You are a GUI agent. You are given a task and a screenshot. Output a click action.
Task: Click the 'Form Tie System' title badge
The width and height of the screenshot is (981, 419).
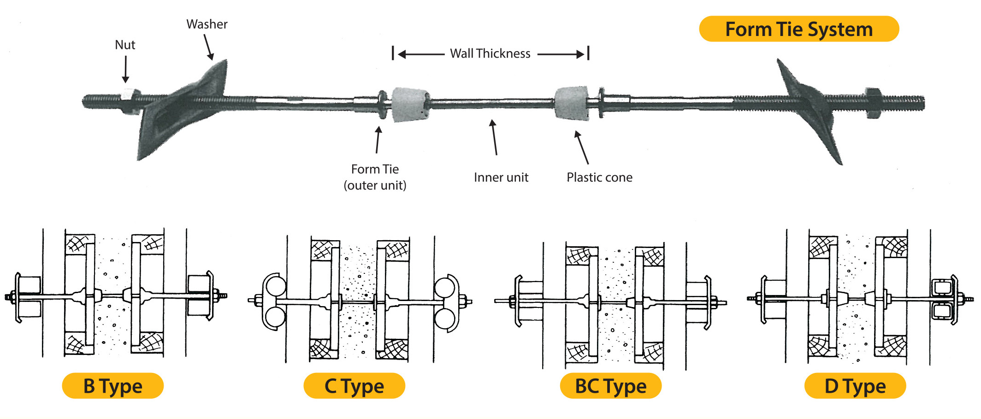[798, 29]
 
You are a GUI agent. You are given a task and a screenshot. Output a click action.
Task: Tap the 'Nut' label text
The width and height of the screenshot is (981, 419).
[125, 45]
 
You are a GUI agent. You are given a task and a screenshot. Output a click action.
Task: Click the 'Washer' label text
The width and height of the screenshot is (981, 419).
[207, 24]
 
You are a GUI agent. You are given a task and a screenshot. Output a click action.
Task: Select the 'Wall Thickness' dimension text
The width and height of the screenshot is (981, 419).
[490, 53]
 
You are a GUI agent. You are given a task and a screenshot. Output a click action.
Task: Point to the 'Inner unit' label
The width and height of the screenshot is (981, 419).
[501, 177]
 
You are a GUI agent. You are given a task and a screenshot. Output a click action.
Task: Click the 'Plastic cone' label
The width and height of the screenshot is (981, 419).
[599, 177]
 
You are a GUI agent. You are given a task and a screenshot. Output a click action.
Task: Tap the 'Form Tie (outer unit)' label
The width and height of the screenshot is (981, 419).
[375, 177]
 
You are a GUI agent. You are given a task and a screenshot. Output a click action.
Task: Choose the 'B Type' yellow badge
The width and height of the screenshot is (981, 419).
[112, 386]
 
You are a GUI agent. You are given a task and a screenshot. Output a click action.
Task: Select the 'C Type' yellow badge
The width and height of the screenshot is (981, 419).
[354, 386]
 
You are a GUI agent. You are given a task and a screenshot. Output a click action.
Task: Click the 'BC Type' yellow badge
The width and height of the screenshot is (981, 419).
[610, 386]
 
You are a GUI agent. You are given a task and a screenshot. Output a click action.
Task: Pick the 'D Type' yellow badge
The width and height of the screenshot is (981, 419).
[855, 386]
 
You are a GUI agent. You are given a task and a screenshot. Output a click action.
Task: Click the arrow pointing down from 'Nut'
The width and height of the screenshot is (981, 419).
[125, 69]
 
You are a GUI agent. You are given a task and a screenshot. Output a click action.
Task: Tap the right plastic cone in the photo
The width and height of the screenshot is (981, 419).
[572, 103]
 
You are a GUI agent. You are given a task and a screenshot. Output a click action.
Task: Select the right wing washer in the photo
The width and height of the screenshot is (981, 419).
[809, 106]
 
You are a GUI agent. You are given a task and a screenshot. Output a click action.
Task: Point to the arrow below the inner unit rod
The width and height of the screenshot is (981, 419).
[494, 137]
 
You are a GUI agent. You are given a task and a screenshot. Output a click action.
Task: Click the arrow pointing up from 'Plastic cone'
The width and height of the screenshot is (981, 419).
[582, 147]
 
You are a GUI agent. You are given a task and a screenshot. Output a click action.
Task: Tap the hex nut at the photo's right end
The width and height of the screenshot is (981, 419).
[873, 102]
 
